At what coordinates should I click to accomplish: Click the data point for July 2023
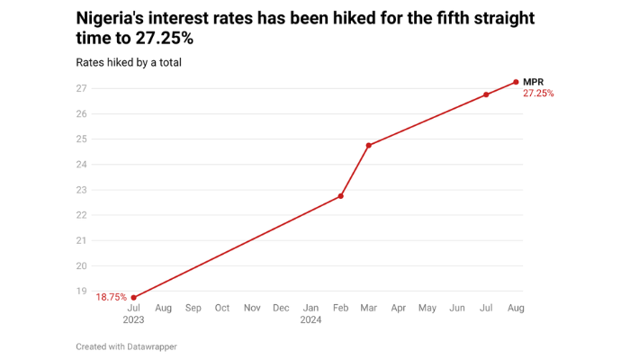[134, 297]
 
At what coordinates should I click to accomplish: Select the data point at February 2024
[340, 196]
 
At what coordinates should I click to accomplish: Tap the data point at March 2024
[369, 145]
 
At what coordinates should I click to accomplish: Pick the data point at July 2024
[486, 94]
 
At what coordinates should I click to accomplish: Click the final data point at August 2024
[516, 82]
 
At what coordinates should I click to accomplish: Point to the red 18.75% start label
[111, 297]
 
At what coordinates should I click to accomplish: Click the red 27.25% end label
[538, 94]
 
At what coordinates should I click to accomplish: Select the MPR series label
[534, 82]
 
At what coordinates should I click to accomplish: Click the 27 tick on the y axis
[81, 88]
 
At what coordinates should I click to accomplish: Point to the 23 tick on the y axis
[81, 190]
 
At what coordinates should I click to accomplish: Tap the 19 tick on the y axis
[81, 291]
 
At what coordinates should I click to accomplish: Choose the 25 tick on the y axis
[81, 139]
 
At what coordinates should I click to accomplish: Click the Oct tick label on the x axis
[222, 308]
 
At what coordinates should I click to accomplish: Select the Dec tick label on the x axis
[281, 308]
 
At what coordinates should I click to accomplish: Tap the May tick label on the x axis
[427, 308]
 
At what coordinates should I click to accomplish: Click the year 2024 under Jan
[310, 320]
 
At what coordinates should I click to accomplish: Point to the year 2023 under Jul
[134, 320]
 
